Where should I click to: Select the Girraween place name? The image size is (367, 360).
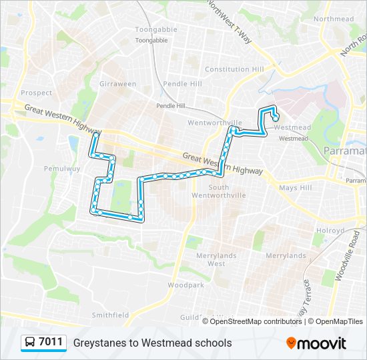[x=117, y=84]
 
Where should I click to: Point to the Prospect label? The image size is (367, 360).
[x=36, y=93]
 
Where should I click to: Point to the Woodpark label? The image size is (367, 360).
[x=185, y=285]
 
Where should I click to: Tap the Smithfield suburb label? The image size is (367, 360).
[x=110, y=315]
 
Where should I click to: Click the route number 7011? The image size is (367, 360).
[x=51, y=343]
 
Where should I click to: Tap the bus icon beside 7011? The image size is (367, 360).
[x=30, y=343]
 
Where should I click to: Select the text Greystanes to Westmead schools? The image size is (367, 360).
[x=153, y=343]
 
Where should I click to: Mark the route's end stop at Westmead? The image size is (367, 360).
[x=276, y=119]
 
